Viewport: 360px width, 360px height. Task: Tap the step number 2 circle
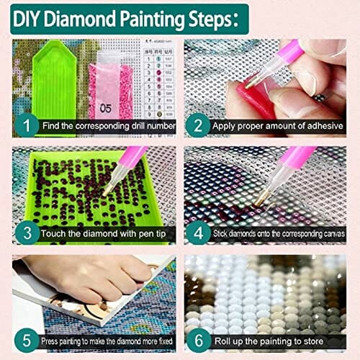(197, 126)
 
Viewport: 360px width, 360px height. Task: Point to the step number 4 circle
(197, 233)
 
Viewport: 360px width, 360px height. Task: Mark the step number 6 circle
(197, 339)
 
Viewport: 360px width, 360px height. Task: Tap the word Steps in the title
(209, 17)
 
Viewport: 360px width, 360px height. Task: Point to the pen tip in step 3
(106, 191)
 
